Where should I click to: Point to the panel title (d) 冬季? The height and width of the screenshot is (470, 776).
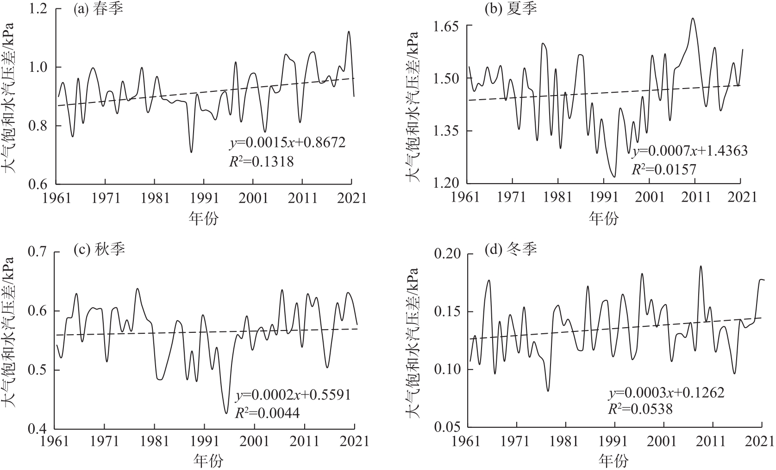pos(511,250)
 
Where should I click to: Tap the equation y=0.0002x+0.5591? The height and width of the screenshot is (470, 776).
pos(294,395)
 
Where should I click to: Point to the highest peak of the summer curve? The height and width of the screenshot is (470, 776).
pos(693,19)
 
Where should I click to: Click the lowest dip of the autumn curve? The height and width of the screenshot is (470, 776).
pos(226,413)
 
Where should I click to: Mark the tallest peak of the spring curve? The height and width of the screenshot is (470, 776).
pos(349,32)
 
